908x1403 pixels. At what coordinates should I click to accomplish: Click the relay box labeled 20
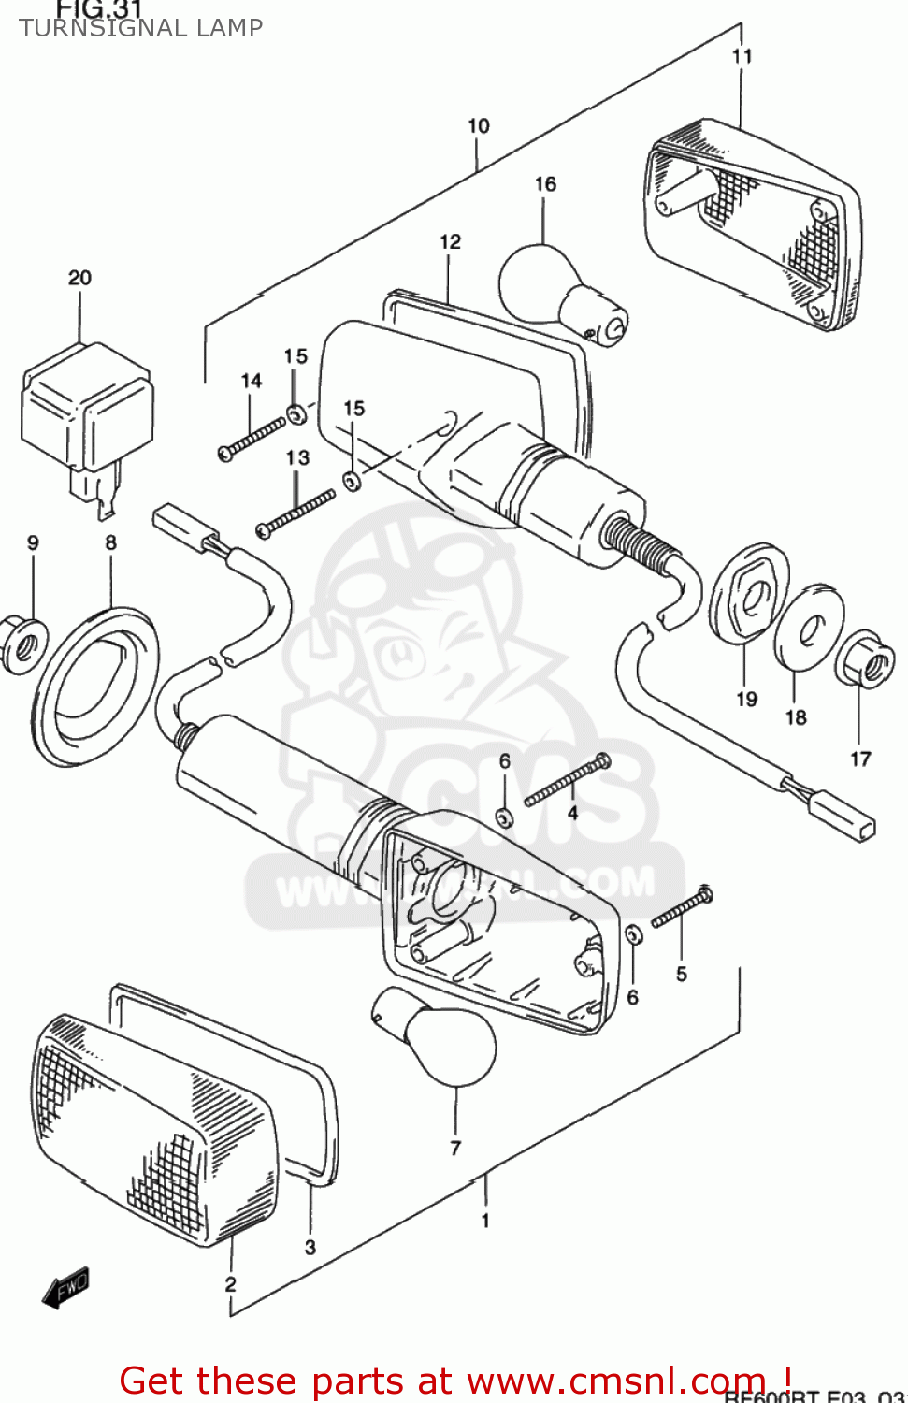click(86, 407)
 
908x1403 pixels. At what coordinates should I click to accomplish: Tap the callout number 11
click(742, 56)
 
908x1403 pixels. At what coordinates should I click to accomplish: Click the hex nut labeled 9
click(23, 643)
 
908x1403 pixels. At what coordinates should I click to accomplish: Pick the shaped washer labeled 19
click(750, 594)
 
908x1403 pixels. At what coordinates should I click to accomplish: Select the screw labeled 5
click(683, 908)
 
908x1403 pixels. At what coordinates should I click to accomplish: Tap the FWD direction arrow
click(66, 1288)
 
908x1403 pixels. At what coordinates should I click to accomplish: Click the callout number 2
click(230, 1284)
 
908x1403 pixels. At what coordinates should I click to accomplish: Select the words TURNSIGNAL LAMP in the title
click(141, 28)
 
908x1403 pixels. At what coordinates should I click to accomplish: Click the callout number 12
click(450, 241)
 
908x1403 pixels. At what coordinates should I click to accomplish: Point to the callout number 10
click(478, 125)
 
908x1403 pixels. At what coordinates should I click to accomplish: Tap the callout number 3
click(310, 1247)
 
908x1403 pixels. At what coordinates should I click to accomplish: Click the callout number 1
click(485, 1220)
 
